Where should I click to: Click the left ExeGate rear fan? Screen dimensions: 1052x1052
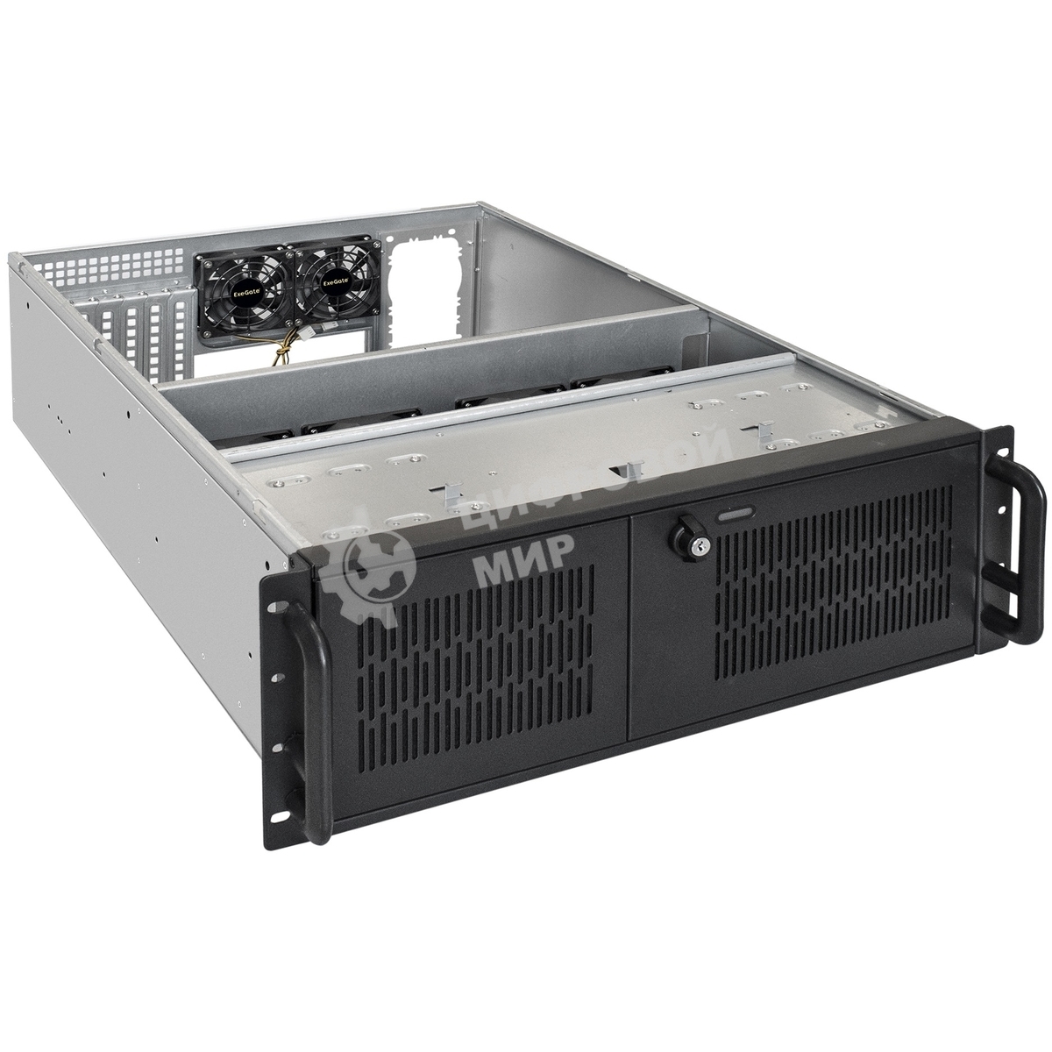(x=243, y=284)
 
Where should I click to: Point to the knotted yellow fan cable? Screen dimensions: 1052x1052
(x=282, y=354)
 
